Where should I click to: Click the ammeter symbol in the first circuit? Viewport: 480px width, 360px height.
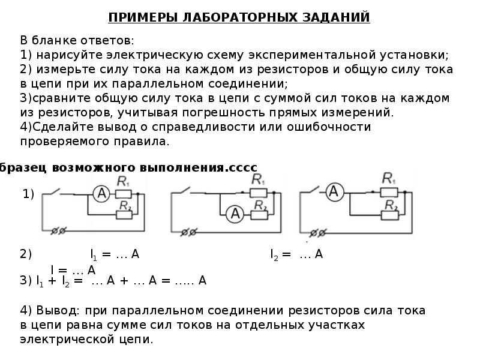(x=101, y=193)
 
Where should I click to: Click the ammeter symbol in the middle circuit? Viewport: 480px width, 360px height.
(x=236, y=212)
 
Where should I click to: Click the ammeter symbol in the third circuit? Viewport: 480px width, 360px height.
(x=335, y=192)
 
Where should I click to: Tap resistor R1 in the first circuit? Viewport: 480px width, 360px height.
(x=123, y=193)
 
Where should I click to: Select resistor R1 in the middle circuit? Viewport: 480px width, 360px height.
(x=259, y=193)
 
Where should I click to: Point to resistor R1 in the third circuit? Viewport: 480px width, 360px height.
(x=388, y=191)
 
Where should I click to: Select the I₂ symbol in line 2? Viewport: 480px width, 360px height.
(x=275, y=254)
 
